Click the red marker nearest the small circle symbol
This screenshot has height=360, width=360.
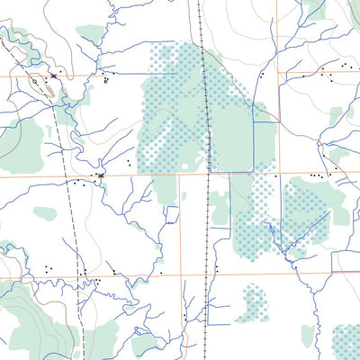pyautogui.click(x=53, y=76)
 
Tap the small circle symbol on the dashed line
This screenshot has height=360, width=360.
pyautogui.click(x=33, y=80)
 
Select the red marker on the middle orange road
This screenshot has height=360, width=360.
pyautogui.click(x=100, y=174)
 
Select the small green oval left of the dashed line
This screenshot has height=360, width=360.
pyautogui.click(x=45, y=213)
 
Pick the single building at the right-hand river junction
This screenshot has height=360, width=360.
pyautogui.click(x=293, y=266)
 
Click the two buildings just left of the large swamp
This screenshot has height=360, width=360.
pyautogui.click(x=130, y=163)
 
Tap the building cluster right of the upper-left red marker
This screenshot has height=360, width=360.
pyautogui.click(x=106, y=79)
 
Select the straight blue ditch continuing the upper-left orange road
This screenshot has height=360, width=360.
pyautogui.click(x=126, y=74)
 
